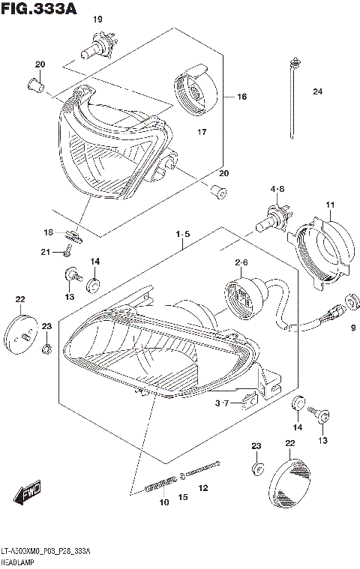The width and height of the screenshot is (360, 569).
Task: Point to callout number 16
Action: click(241, 97)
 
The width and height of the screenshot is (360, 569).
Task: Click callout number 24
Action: click(317, 92)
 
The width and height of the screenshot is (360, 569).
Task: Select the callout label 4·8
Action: click(277, 189)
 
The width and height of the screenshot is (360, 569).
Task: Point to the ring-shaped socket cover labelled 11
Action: click(320, 251)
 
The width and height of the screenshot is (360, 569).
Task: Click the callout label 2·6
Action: click(241, 262)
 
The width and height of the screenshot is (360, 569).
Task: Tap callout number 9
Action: click(352, 327)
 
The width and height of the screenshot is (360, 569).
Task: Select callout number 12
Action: click(202, 489)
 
